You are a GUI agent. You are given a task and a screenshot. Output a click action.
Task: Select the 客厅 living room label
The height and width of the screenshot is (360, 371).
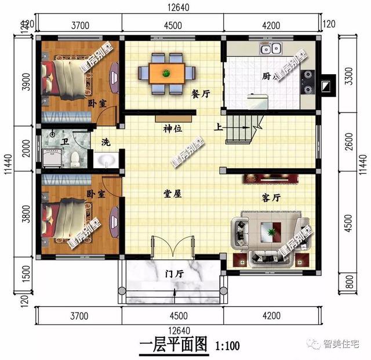pyautogui.click(x=271, y=198)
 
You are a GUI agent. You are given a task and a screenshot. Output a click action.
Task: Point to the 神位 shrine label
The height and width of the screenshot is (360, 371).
pyautogui.click(x=173, y=129)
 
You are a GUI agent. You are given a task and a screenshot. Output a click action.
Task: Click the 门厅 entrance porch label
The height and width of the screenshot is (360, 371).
pyautogui.click(x=174, y=274)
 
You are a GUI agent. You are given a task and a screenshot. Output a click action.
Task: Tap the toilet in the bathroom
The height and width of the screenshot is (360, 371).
pyautogui.click(x=75, y=157)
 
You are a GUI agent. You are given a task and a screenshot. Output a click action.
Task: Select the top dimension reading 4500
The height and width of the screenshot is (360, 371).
pyautogui.click(x=173, y=25)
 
